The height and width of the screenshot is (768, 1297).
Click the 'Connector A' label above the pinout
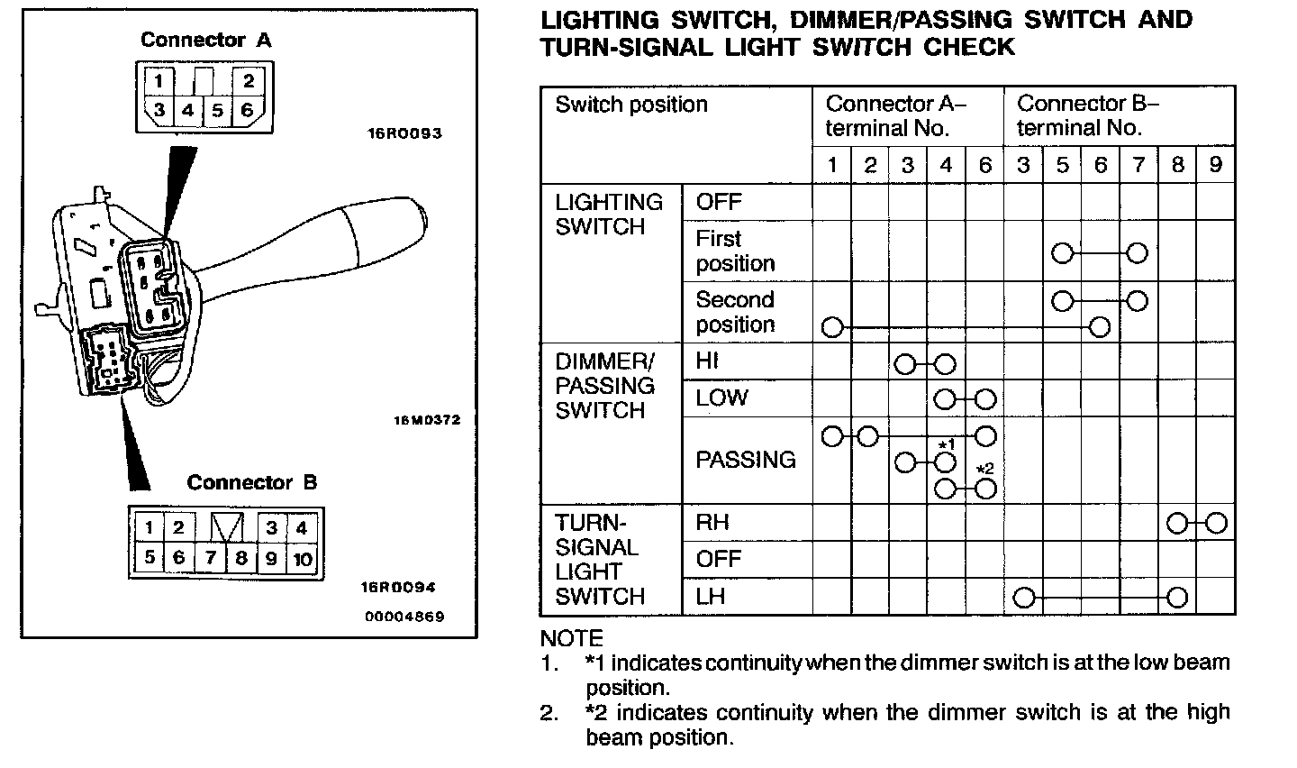[205, 40]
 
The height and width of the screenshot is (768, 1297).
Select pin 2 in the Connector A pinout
[248, 81]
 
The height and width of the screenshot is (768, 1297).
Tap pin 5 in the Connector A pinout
[217, 112]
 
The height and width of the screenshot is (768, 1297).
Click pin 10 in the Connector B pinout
[303, 559]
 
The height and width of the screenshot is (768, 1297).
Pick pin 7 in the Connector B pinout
[210, 558]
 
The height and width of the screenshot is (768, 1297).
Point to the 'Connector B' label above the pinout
[252, 482]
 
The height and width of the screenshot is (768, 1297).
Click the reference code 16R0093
[404, 133]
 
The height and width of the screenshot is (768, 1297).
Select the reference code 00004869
[404, 617]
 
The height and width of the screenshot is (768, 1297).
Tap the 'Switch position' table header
[631, 105]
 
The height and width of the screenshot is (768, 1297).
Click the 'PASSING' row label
[746, 460]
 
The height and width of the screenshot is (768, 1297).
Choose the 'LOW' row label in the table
[721, 398]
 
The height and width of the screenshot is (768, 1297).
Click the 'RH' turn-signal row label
[712, 522]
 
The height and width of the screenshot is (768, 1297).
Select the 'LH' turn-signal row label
[711, 596]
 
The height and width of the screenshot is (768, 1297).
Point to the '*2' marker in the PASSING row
[984, 469]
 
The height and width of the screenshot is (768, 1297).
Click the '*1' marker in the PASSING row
[946, 444]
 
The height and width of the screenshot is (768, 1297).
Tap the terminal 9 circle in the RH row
[1216, 523]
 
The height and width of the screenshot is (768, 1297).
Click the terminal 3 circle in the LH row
[1023, 597]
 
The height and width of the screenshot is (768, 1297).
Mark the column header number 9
[1215, 165]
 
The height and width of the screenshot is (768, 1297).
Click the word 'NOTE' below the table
[572, 638]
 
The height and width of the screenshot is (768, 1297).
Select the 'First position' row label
[735, 251]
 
